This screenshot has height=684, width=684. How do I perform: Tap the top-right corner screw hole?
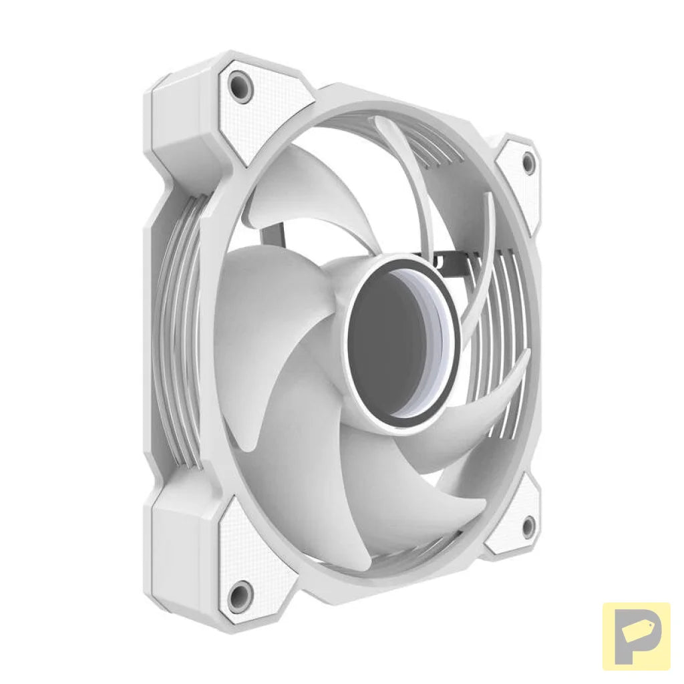click(528, 162)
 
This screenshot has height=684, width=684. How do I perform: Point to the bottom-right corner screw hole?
click(527, 527)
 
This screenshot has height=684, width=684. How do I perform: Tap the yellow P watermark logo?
click(636, 636)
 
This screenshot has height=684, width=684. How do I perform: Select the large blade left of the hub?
click(267, 314)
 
